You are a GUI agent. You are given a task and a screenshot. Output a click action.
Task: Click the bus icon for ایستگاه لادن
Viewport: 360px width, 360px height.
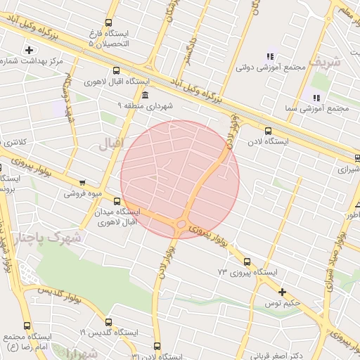tap(267, 130)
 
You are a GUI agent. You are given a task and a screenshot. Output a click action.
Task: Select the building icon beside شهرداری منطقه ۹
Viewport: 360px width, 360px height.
tap(145, 95)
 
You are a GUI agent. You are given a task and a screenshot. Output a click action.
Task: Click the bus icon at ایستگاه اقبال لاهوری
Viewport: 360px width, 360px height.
tap(116, 70)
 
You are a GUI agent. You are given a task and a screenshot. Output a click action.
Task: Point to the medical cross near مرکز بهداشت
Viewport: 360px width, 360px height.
tap(29, 49)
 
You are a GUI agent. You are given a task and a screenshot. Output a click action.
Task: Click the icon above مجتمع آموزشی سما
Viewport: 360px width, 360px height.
tap(316, 97)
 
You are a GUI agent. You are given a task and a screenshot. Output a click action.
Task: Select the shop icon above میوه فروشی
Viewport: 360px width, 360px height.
tap(83, 182)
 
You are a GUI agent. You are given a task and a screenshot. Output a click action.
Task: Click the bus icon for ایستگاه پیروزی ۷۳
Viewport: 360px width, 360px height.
tap(265, 259)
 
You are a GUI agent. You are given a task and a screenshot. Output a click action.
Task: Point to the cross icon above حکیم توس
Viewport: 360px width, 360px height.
tap(282, 292)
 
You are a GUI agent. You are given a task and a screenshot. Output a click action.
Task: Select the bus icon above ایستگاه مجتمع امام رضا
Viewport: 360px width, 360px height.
tap(27, 326)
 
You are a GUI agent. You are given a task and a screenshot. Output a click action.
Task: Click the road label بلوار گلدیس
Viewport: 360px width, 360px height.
tap(63, 290)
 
